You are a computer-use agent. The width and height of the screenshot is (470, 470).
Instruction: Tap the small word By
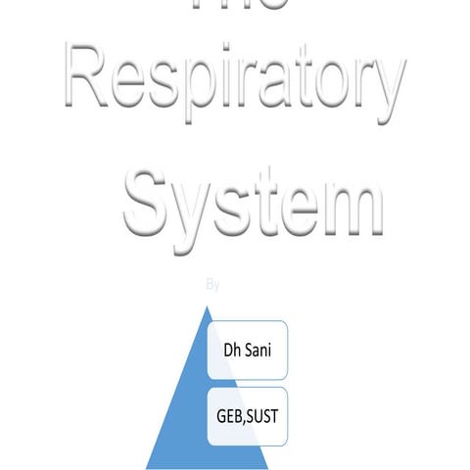tap(213, 285)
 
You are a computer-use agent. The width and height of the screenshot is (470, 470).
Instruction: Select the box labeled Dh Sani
tap(248, 350)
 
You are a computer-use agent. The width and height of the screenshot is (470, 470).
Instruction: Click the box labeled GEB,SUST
tap(248, 415)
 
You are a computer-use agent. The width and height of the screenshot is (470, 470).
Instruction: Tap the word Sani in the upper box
tap(259, 350)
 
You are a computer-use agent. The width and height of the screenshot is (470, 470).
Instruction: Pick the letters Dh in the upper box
tap(233, 350)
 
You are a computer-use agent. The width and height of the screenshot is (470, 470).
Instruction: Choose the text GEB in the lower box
tap(230, 415)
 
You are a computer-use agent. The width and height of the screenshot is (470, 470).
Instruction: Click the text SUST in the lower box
tap(263, 415)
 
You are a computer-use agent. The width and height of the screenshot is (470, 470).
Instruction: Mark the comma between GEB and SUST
tap(246, 420)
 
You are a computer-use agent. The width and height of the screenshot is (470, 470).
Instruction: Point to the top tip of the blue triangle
tap(207, 306)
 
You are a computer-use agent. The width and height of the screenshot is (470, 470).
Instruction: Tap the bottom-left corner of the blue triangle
tap(147, 467)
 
